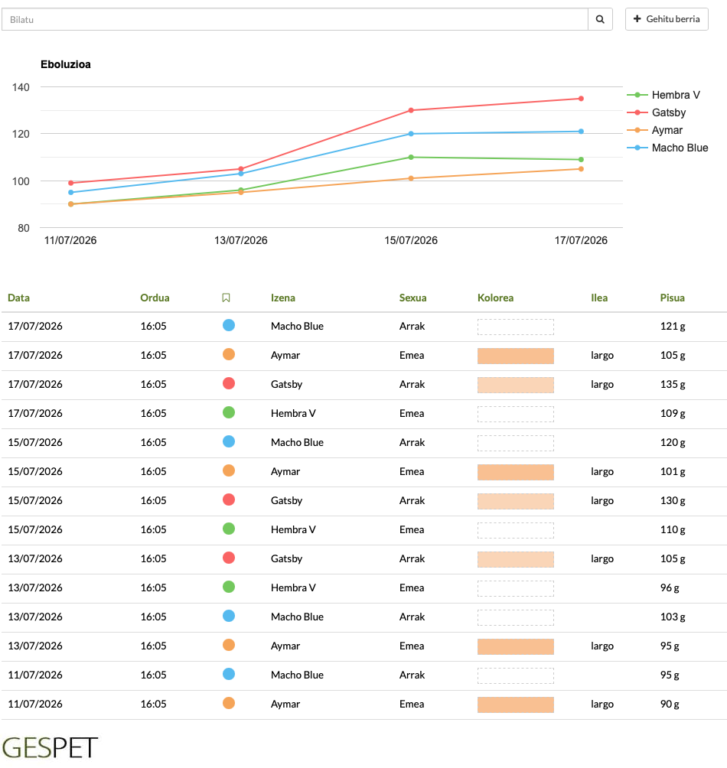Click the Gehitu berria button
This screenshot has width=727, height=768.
(x=667, y=19)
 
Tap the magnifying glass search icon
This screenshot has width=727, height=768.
(x=600, y=19)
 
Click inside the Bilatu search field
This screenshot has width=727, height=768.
(x=295, y=19)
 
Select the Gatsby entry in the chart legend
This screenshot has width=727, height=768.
(x=657, y=112)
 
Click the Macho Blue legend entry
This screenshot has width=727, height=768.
(x=667, y=148)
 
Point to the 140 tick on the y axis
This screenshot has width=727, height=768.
(x=21, y=87)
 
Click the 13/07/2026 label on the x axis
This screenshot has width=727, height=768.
(x=240, y=240)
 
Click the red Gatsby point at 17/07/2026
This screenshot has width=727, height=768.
(x=581, y=99)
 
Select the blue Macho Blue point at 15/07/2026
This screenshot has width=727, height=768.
(x=411, y=134)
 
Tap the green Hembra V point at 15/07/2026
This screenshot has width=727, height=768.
(x=411, y=158)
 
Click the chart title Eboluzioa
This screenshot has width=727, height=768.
(x=66, y=65)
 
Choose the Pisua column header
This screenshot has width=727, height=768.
(x=672, y=298)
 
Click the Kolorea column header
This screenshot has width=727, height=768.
(x=495, y=298)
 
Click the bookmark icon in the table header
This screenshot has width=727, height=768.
(x=226, y=298)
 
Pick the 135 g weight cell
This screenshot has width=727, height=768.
(x=673, y=385)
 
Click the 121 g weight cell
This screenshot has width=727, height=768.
(x=673, y=326)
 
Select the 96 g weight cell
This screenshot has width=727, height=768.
(x=670, y=587)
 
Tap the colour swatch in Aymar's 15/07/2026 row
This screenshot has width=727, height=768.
(x=515, y=472)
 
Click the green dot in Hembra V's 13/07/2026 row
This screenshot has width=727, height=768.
(x=229, y=587)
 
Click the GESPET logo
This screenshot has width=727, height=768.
(x=50, y=748)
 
